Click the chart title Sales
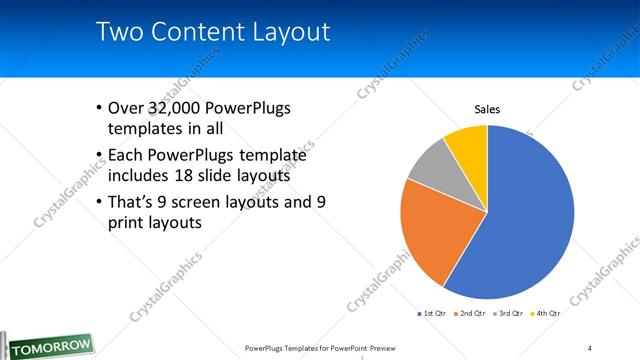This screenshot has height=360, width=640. [x=487, y=109]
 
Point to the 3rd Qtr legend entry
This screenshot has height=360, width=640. [x=509, y=314]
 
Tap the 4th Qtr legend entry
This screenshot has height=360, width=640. [x=546, y=314]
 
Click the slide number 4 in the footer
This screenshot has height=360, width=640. [x=590, y=348]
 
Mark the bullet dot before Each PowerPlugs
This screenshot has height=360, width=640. [x=98, y=155]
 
